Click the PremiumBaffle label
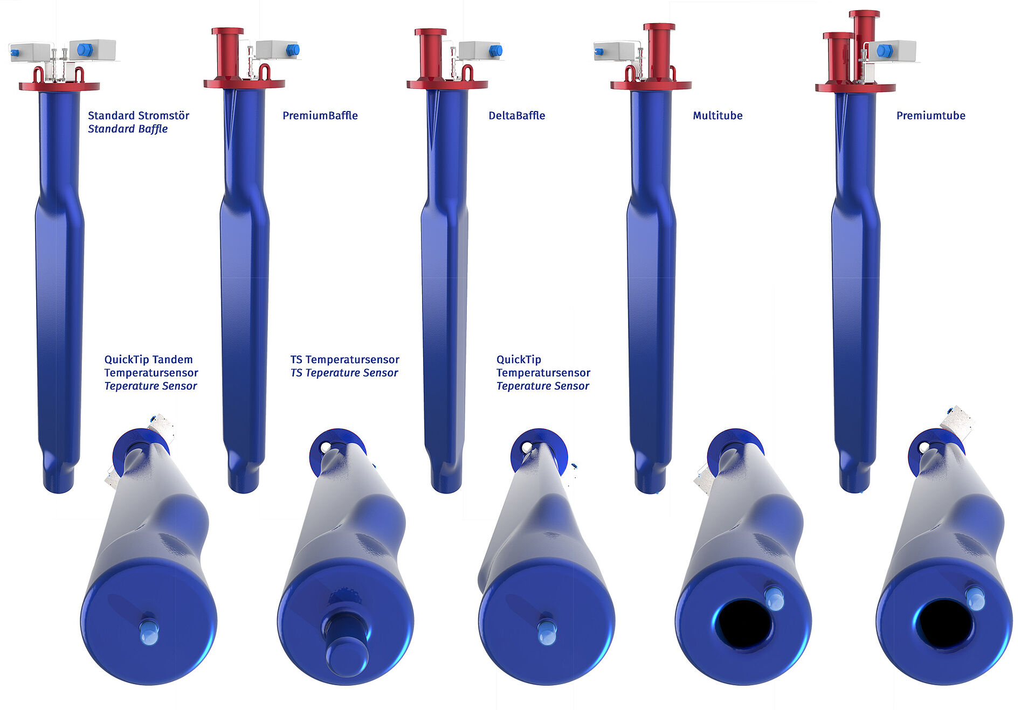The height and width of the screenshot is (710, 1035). pos(320,115)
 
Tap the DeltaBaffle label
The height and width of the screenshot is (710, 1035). pos(516,115)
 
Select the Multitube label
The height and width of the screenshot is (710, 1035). pos(717,115)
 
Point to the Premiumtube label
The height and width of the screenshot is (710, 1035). pos(930,115)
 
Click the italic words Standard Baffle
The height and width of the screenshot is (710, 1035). pos(128,129)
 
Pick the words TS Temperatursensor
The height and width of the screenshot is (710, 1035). pos(344,359)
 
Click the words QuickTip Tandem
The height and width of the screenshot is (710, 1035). pos(148,359)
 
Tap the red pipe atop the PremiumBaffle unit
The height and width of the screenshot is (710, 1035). pos(227,53)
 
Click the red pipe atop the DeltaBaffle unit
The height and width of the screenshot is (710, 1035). pos(430,53)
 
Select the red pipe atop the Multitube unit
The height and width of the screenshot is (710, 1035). pos(659,52)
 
